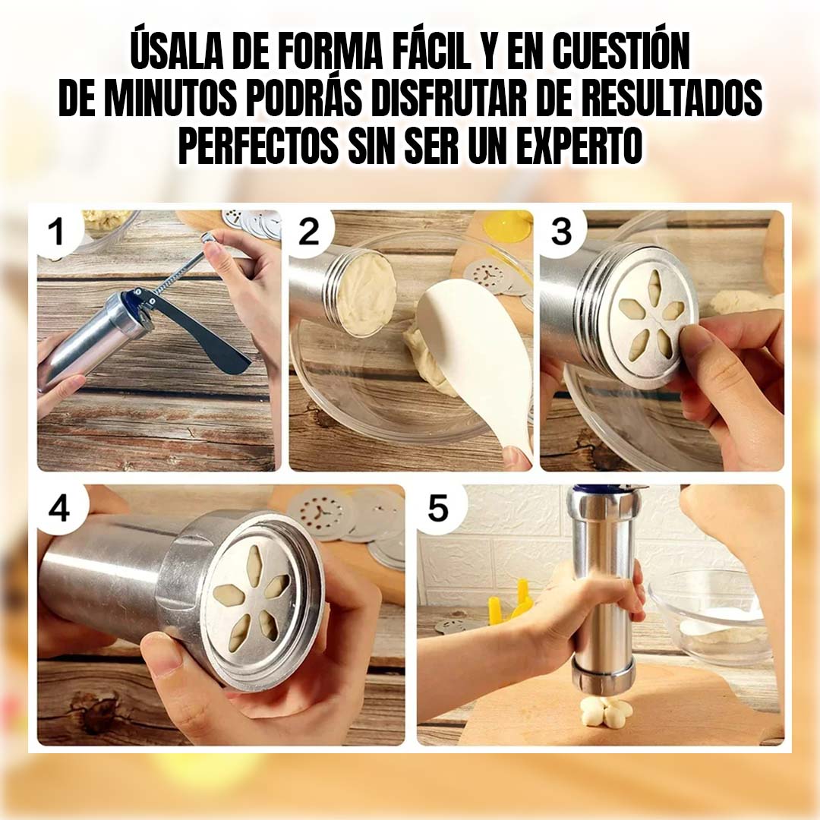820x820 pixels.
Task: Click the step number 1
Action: tap(56, 232)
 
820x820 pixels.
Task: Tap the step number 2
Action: tap(308, 232)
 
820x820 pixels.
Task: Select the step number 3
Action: tap(561, 232)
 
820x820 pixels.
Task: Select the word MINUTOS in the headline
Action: tap(181, 99)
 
